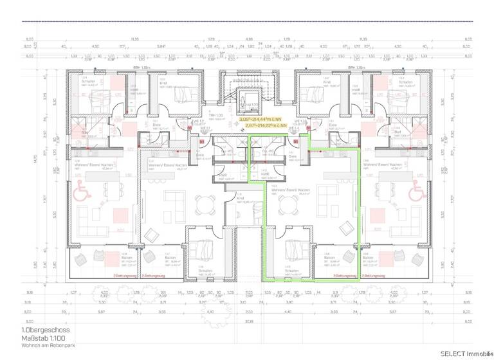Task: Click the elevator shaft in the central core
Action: click(x=248, y=103)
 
